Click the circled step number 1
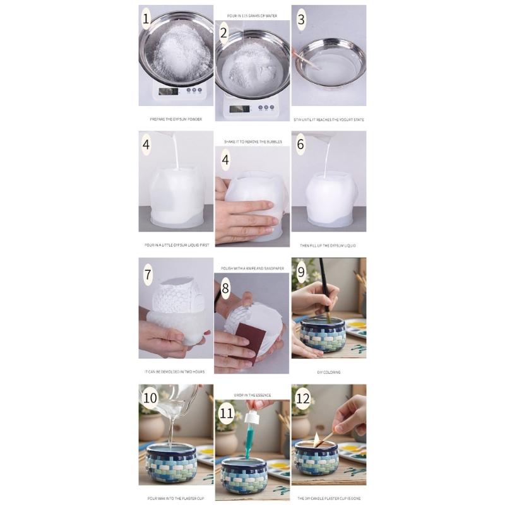[146, 19]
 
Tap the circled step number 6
[300, 145]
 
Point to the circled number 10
[150, 398]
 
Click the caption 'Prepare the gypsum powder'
[175, 119]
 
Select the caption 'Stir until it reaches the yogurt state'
[328, 119]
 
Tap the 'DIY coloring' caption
[328, 372]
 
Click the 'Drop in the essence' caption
[252, 395]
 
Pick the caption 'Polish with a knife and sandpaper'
[252, 268]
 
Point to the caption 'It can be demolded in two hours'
[175, 372]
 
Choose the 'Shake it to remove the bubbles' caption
[252, 142]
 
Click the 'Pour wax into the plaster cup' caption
[175, 498]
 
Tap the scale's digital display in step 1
[167, 91]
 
